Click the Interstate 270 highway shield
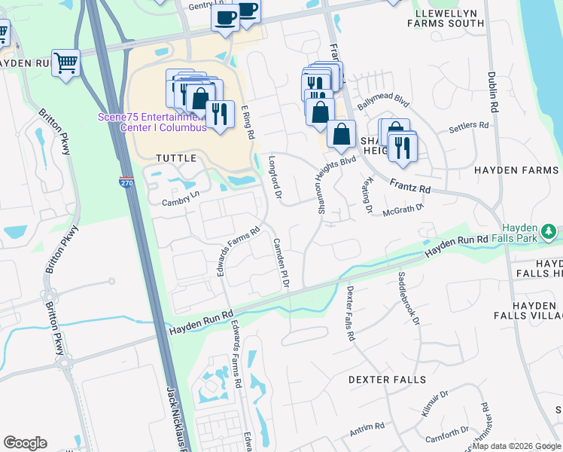[x=126, y=183]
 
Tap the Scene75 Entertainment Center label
[x=152, y=122]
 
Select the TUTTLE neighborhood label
[x=175, y=158]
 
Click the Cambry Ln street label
[x=179, y=201]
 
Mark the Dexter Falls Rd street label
[x=350, y=313]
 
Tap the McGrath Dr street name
[x=404, y=209]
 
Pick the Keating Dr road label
[x=367, y=194]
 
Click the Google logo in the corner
[x=25, y=443]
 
